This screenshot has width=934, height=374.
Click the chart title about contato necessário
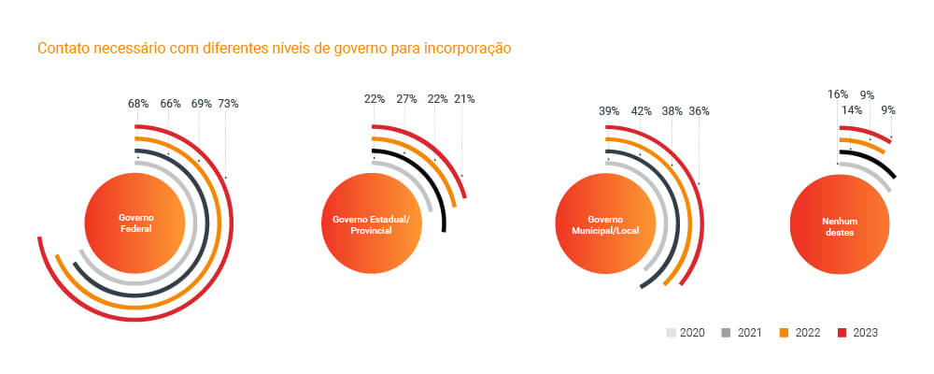pyautogui.click(x=274, y=48)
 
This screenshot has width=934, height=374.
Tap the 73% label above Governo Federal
pyautogui.click(x=228, y=104)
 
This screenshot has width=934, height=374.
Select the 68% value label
pyautogui.click(x=139, y=104)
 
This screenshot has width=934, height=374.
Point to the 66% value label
pyautogui.click(x=170, y=104)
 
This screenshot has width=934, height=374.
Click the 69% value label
pyautogui.click(x=201, y=104)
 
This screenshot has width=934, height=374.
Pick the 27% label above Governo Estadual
pyautogui.click(x=406, y=99)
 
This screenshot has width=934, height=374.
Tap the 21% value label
pyautogui.click(x=464, y=99)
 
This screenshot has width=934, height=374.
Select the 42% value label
pyautogui.click(x=641, y=111)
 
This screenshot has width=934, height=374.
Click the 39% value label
pyautogui.click(x=609, y=111)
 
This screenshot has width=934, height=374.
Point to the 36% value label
pyautogui.click(x=699, y=111)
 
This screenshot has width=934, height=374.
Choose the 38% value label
pyautogui.click(x=672, y=111)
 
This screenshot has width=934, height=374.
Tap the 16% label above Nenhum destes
pyautogui.click(x=838, y=94)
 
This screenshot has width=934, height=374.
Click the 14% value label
pyautogui.click(x=852, y=110)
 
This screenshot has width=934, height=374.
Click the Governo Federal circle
pyautogui.click(x=135, y=222)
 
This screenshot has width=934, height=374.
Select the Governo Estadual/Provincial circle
pyautogui.click(x=371, y=224)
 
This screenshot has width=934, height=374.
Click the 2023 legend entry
pyautogui.click(x=856, y=333)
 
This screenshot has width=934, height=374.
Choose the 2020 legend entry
pyautogui.click(x=686, y=333)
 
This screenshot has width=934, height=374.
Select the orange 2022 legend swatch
pyautogui.click(x=784, y=333)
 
